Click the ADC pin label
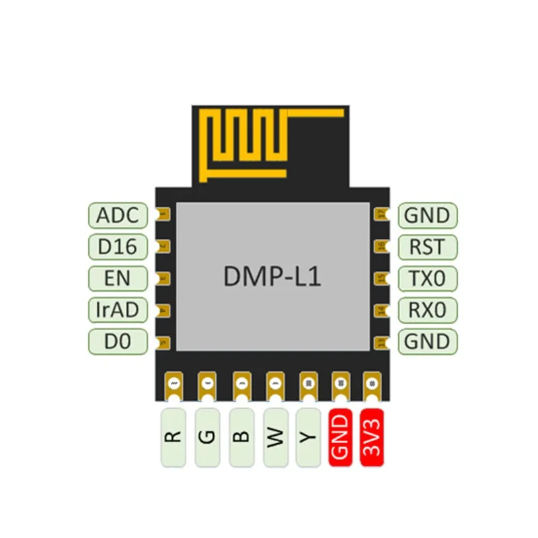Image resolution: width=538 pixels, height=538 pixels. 118,216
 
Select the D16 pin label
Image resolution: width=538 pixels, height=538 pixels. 118,247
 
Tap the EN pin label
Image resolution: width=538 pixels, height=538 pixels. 118,278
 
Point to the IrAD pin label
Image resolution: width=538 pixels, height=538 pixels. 118,309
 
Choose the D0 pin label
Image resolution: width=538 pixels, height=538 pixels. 118,341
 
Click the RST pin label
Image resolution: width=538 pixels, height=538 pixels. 427,247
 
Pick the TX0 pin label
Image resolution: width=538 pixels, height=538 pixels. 427,278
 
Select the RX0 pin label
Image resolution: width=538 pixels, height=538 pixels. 427,309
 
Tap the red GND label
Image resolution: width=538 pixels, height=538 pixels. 340,437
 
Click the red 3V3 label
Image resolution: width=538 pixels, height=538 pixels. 373,437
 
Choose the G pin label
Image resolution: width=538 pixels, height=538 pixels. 208,437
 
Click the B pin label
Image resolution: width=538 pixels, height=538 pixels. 241,437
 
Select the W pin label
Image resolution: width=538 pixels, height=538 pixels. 275,437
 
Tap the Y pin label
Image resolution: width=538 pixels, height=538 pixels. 308,437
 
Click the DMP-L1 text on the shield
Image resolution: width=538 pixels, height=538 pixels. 272,276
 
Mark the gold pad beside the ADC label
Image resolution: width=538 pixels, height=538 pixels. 163,215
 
